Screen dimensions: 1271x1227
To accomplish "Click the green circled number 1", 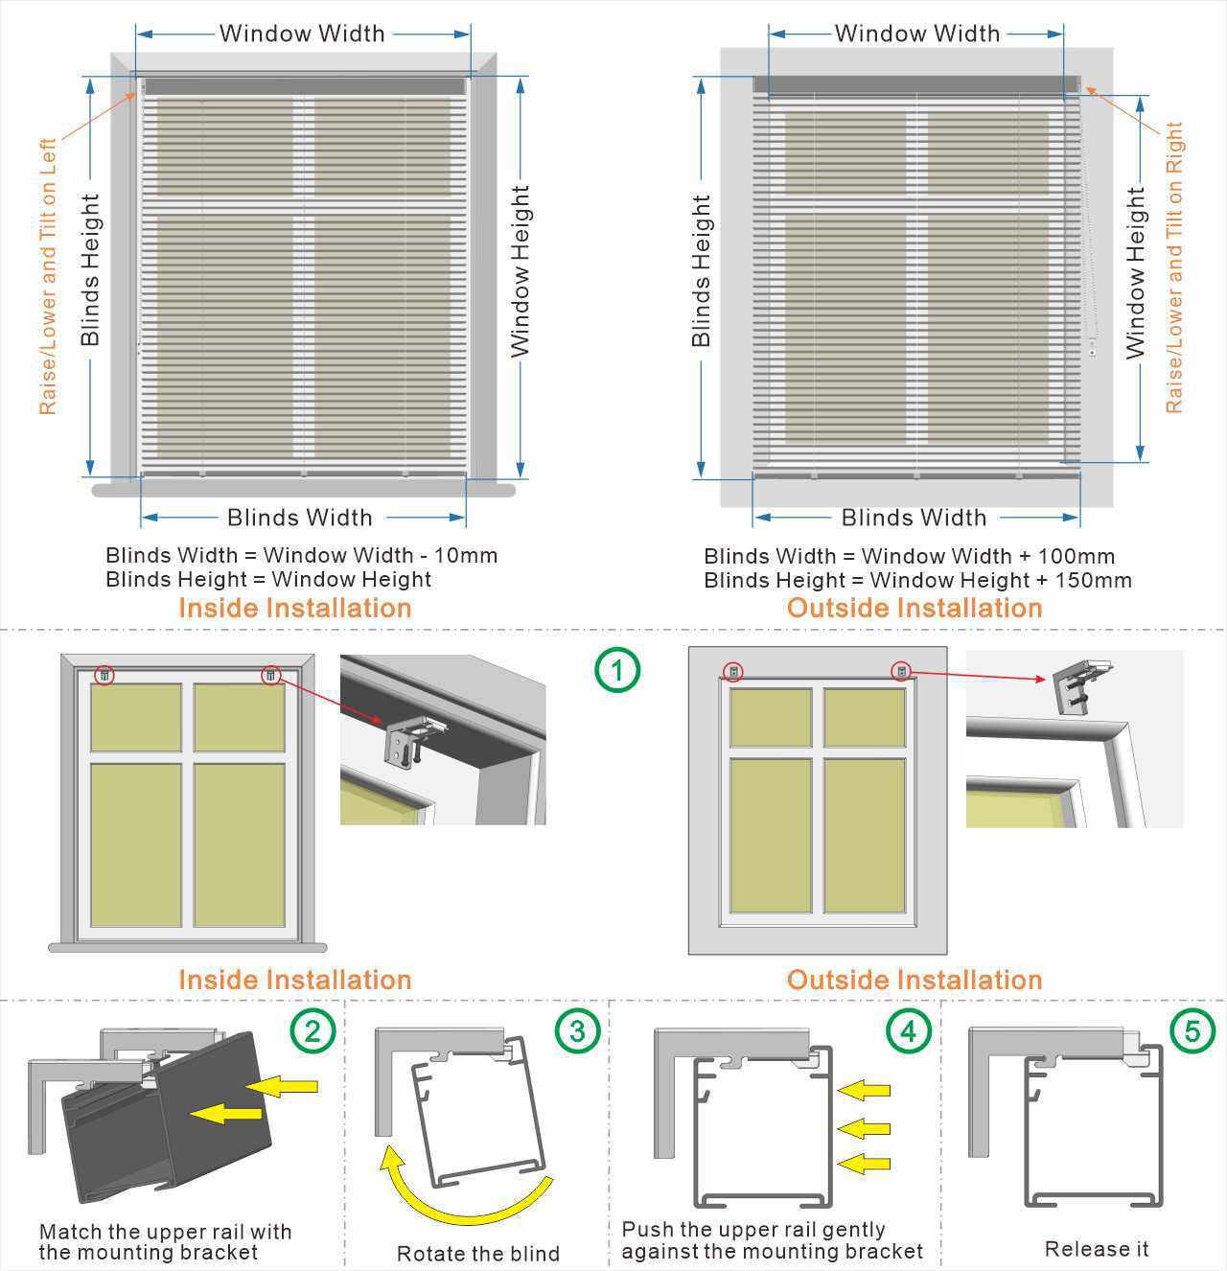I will point(616,669).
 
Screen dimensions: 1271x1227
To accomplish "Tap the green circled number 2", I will point(313,1030).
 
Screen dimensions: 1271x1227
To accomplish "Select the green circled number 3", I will point(577,1030).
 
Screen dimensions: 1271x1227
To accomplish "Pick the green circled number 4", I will point(908,1030).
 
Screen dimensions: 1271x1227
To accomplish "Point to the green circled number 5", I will point(1192,1030).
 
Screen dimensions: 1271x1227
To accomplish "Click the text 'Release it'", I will point(1096,1249).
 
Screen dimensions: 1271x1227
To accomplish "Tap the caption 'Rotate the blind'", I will point(477,1254).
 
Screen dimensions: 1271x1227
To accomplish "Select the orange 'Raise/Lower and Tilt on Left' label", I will point(47,276).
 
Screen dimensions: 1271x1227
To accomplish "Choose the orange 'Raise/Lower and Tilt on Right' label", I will point(1174,268).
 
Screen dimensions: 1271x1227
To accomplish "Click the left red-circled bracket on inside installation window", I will point(104,675).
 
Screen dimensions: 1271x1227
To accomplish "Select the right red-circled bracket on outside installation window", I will point(901,671).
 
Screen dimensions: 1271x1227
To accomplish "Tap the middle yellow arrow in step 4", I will point(864,1127).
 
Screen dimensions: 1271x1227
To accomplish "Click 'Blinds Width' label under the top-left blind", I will point(299,518).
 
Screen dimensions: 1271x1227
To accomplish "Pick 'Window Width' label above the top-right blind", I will point(916,34).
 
